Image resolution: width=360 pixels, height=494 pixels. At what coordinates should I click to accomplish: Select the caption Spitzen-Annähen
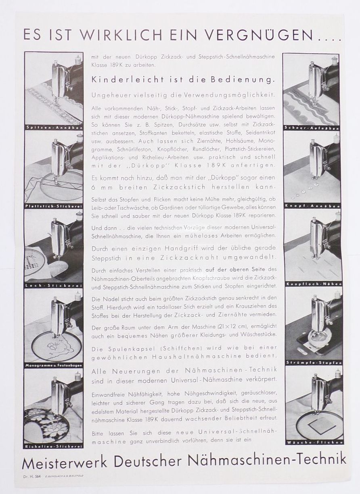54,128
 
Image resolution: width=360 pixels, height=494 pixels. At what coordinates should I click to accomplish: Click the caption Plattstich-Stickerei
54,206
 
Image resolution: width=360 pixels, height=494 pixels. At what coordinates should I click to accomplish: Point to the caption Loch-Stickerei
54,285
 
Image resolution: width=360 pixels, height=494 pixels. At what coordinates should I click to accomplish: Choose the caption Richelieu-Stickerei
54,446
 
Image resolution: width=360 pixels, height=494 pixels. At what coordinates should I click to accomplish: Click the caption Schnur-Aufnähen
312,128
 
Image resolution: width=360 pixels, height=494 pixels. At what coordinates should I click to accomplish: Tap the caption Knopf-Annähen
312,206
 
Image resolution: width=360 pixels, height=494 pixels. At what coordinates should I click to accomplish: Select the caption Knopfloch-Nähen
312,284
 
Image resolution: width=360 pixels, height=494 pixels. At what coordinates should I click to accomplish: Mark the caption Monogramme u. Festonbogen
54,365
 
